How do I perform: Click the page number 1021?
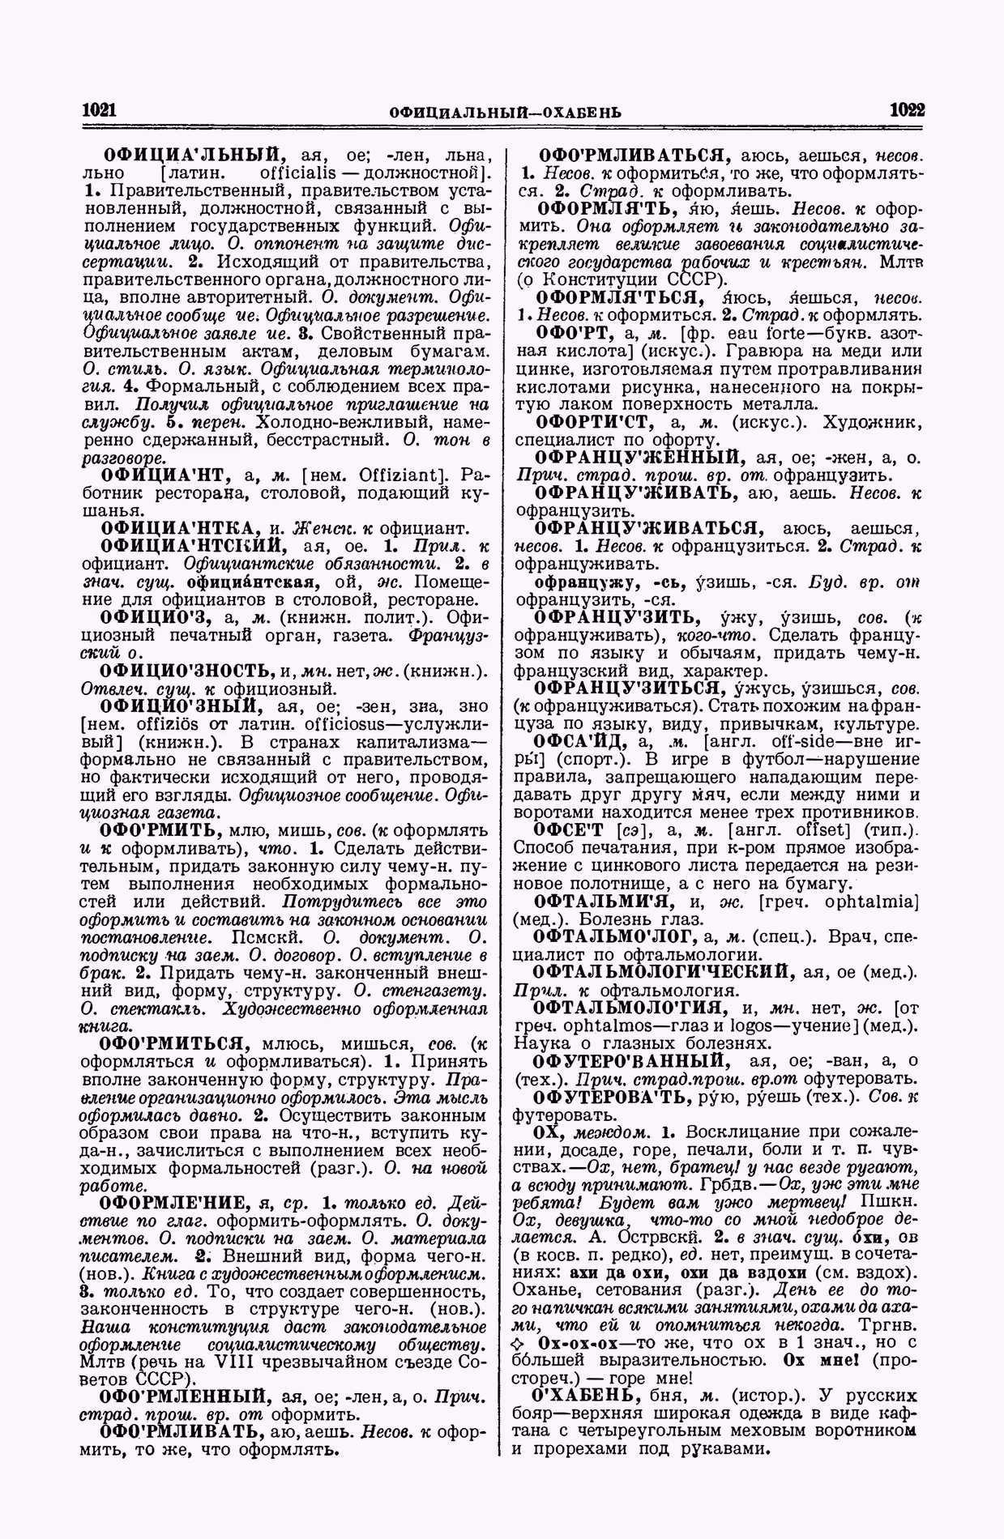100,110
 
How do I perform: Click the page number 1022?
907,110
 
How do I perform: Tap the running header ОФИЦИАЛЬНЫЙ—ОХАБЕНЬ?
505,112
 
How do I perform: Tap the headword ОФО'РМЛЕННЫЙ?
183,1396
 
